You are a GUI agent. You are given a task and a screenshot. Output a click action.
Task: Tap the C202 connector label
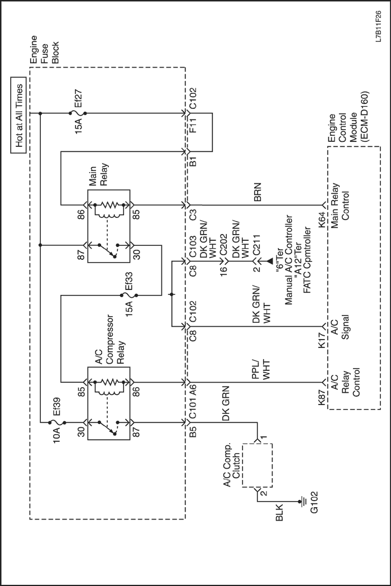coord(223,258)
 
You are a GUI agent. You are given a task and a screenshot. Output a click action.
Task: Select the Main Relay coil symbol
coord(108,209)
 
